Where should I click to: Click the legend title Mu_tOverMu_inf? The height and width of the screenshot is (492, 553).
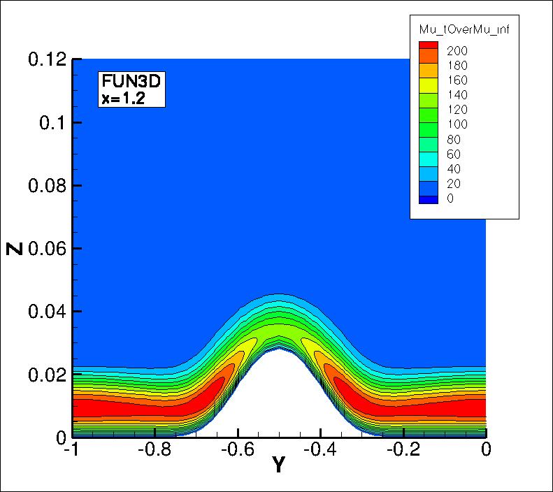(464, 29)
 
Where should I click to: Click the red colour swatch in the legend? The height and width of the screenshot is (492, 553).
(428, 45)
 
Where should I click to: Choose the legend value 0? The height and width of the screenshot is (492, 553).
(450, 198)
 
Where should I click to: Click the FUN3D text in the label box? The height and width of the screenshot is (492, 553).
(131, 82)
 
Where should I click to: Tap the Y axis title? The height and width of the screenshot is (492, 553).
(278, 465)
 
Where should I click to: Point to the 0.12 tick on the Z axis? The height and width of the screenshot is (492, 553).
(46, 59)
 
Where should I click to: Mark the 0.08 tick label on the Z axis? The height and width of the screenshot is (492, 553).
(46, 185)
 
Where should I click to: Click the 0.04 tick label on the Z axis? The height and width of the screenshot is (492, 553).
(46, 311)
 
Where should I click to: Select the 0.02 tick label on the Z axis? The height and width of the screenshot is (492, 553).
(46, 374)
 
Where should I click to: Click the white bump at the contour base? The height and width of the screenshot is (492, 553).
(278, 398)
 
